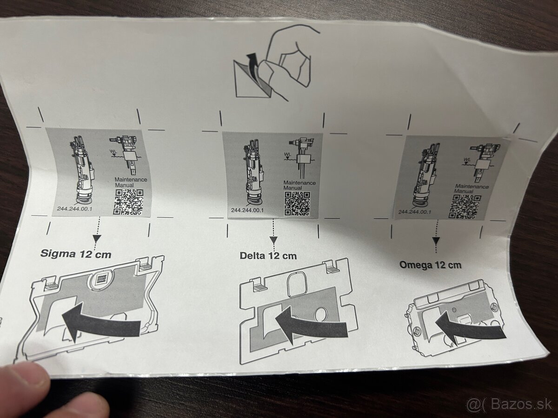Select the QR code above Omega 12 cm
(x=464, y=206)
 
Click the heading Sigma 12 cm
(x=76, y=254)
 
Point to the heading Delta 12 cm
(x=268, y=255)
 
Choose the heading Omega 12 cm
(x=430, y=265)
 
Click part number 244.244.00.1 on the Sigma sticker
(x=74, y=209)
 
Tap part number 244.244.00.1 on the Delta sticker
(x=247, y=210)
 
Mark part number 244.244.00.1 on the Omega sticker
(x=415, y=212)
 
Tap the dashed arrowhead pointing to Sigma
(x=97, y=238)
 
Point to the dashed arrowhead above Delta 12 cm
(x=273, y=240)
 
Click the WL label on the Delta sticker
(x=287, y=154)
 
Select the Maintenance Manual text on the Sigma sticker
(x=131, y=182)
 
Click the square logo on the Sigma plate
(x=103, y=280)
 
